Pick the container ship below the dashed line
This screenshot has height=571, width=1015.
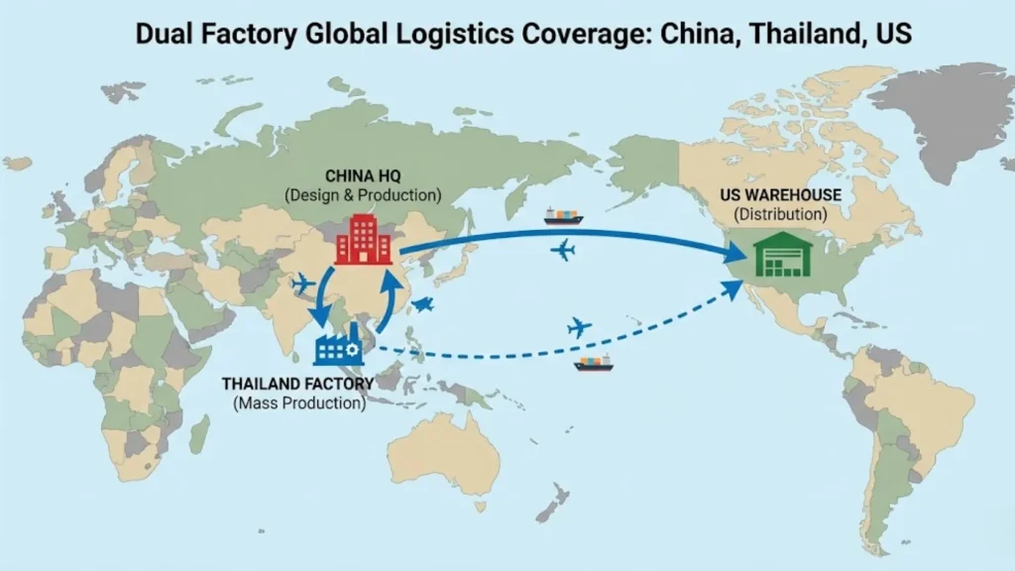593,364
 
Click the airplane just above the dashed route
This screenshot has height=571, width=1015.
579,326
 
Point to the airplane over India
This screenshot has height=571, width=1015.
303,284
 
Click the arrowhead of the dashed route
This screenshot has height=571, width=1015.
733,287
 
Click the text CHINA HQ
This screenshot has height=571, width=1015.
363,175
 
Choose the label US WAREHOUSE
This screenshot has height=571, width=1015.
782,195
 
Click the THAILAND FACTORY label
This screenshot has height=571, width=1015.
298,384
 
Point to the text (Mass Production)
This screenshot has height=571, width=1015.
299,403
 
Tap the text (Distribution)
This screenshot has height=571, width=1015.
781,214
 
